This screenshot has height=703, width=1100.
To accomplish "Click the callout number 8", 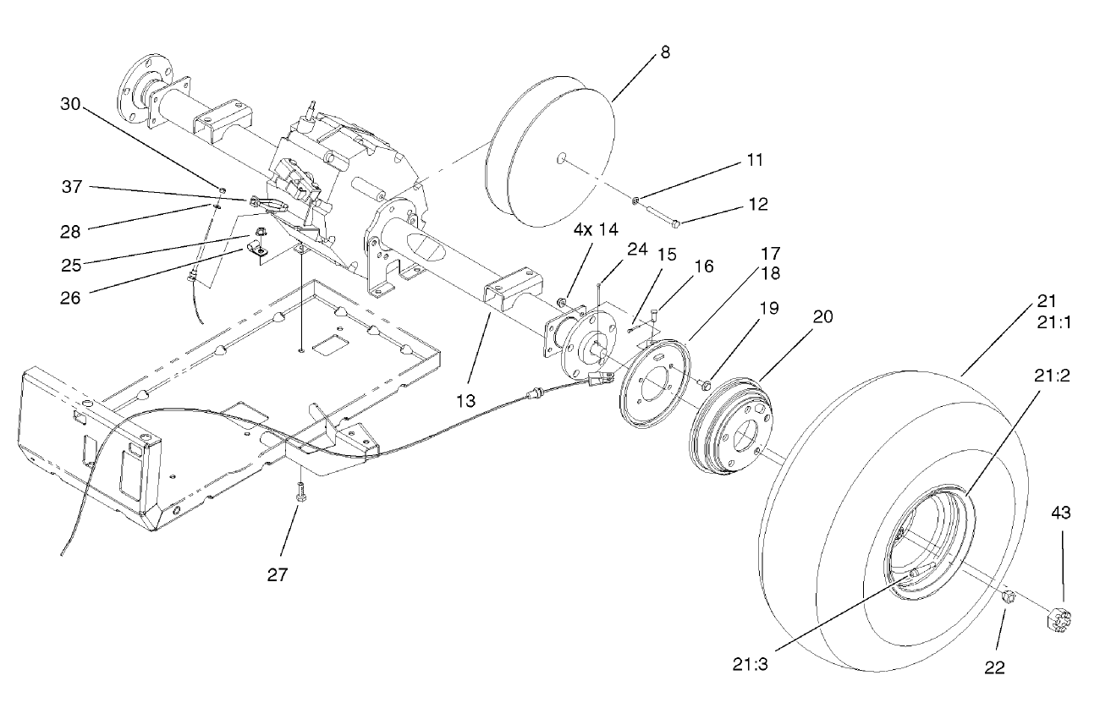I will (665, 52).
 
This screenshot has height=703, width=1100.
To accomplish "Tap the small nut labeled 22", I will (1008, 597).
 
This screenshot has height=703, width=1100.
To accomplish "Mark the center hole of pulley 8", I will (561, 158).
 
